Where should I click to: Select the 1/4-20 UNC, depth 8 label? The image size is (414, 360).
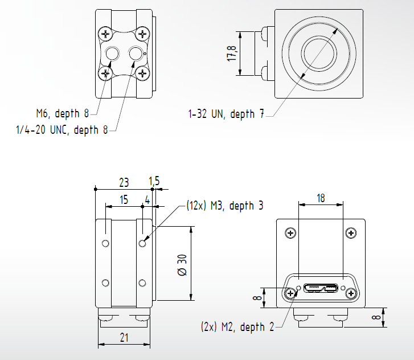pyautogui.click(x=62, y=130)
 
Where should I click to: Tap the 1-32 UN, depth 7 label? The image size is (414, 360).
pyautogui.click(x=226, y=114)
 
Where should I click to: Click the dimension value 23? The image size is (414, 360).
pyautogui.click(x=123, y=182)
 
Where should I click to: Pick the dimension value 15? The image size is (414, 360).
pyautogui.click(x=123, y=201)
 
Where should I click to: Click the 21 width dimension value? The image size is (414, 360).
pyautogui.click(x=124, y=338)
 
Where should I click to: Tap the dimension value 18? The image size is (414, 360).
pyautogui.click(x=321, y=198)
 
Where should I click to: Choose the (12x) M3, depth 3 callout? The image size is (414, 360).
pyautogui.click(x=225, y=206)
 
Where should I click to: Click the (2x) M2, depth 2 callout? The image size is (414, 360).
pyautogui.click(x=237, y=327)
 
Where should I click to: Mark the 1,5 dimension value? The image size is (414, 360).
pyautogui.click(x=154, y=181)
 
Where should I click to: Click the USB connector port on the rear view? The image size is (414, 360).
pyautogui.click(x=321, y=288)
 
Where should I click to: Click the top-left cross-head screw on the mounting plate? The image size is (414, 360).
pyautogui.click(x=105, y=34)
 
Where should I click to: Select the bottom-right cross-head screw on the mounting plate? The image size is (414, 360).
pyautogui.click(x=142, y=72)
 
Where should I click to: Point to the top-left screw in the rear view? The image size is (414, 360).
pyautogui.click(x=291, y=233)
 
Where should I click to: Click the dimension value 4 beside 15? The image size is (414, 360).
pyautogui.click(x=147, y=201)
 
